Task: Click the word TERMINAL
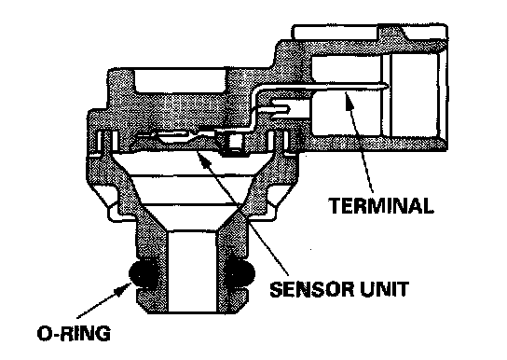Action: pyautogui.click(x=381, y=205)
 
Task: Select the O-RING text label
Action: pyautogui.click(x=74, y=333)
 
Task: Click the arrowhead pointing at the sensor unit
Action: pyautogui.click(x=204, y=157)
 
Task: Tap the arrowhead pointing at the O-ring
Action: pyautogui.click(x=124, y=288)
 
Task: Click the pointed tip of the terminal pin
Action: pyautogui.click(x=388, y=86)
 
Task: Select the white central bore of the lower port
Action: pyautogui.click(x=192, y=271)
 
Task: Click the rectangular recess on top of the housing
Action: pyautogui.click(x=180, y=80)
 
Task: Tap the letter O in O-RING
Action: pyautogui.click(x=44, y=334)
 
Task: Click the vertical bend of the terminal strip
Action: pyautogui.click(x=254, y=106)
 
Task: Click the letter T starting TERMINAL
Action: pyautogui.click(x=336, y=205)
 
